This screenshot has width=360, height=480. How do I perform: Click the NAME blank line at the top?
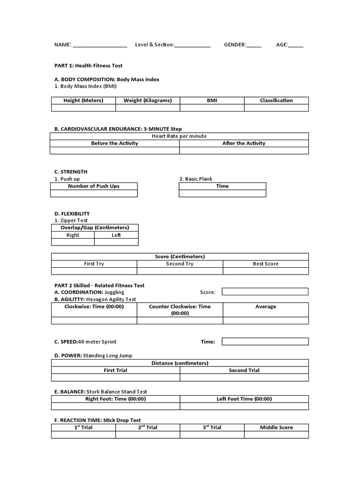pyautogui.click(x=100, y=46)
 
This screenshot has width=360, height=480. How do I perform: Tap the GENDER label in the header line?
pyautogui.click(x=235, y=45)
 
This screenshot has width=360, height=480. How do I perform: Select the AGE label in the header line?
pyautogui.click(x=282, y=45)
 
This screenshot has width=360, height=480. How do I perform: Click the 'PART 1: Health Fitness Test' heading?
pyautogui.click(x=89, y=66)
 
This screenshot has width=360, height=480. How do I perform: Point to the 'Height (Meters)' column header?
pyautogui.click(x=83, y=100)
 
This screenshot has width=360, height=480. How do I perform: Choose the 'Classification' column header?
pyautogui.click(x=276, y=100)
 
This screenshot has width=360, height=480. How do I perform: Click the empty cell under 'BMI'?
pyautogui.click(x=212, y=108)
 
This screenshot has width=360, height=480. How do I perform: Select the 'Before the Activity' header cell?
pyautogui.click(x=114, y=143)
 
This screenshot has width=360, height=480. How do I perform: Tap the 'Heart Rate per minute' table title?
pyautogui.click(x=180, y=136)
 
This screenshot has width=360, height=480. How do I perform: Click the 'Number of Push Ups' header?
pyautogui.click(x=94, y=186)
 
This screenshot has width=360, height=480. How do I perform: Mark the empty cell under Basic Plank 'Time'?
pyautogui.click(x=222, y=193)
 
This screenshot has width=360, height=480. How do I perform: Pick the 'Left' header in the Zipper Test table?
pyautogui.click(x=116, y=235)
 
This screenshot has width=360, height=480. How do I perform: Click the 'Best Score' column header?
pyautogui.click(x=265, y=264)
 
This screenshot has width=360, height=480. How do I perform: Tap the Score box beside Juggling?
pyautogui.click(x=265, y=292)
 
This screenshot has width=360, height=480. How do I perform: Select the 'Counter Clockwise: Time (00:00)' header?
pyautogui.click(x=180, y=309)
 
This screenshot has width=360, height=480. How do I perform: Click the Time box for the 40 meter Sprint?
pyautogui.click(x=265, y=341)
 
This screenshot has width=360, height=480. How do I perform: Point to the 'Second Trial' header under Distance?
pyautogui.click(x=244, y=370)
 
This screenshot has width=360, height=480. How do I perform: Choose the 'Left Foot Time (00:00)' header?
pyautogui.click(x=244, y=399)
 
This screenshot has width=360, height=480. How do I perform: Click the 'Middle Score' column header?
pyautogui.click(x=276, y=427)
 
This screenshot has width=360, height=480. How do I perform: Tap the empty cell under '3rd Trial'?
pyautogui.click(x=212, y=435)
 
